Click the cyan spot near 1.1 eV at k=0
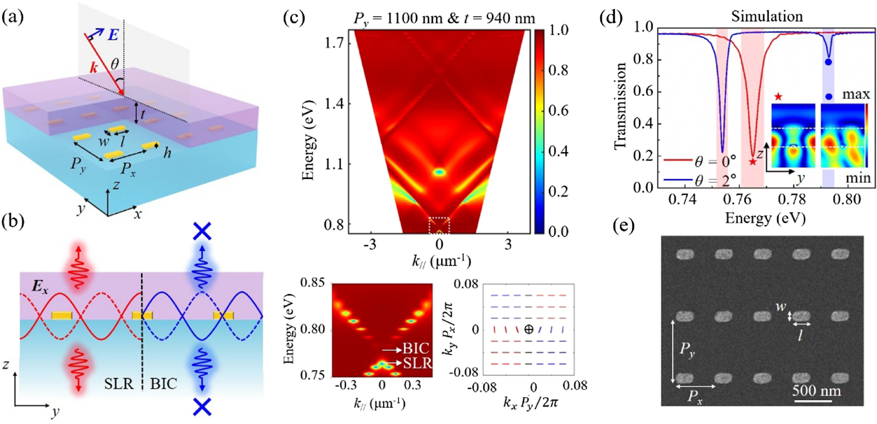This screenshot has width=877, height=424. point(439,172)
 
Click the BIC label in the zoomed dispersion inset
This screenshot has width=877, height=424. point(416,348)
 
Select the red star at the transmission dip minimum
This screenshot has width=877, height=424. point(752,162)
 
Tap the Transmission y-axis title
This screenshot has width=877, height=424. point(620,105)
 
